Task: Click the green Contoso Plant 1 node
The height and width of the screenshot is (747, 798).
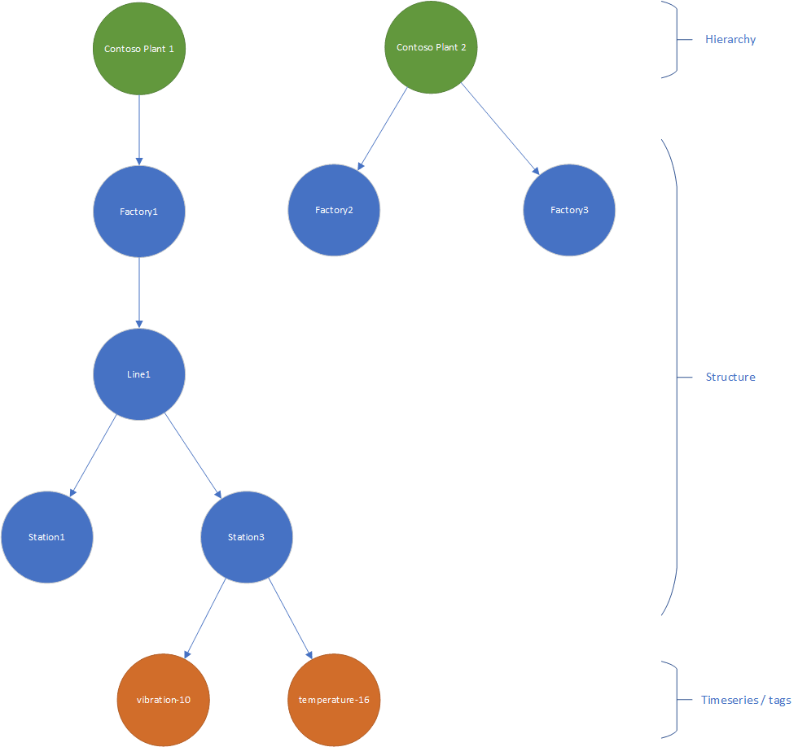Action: point(139,49)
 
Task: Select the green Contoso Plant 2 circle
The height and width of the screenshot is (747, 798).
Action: point(431,47)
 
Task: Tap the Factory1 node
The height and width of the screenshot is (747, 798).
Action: point(139,212)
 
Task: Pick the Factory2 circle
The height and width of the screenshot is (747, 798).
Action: point(334,211)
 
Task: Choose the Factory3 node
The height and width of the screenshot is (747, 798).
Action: point(569,211)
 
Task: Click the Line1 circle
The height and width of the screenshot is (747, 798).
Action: point(139,374)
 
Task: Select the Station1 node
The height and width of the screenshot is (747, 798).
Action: point(47,537)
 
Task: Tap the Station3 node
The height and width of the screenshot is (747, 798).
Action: point(246,537)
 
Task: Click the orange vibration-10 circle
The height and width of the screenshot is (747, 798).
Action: point(164,700)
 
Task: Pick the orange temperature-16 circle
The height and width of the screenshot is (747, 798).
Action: point(334,700)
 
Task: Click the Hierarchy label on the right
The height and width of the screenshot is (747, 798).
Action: point(730,39)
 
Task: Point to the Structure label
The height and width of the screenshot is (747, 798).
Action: point(730,377)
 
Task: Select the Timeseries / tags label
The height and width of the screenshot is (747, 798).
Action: point(745,700)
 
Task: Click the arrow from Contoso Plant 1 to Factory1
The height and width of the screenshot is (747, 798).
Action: point(139,130)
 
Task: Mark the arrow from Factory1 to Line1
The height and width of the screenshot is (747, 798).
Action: point(139,293)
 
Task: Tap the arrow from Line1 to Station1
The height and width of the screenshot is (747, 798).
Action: point(93,456)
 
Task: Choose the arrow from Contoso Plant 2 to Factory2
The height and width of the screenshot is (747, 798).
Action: point(383,128)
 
